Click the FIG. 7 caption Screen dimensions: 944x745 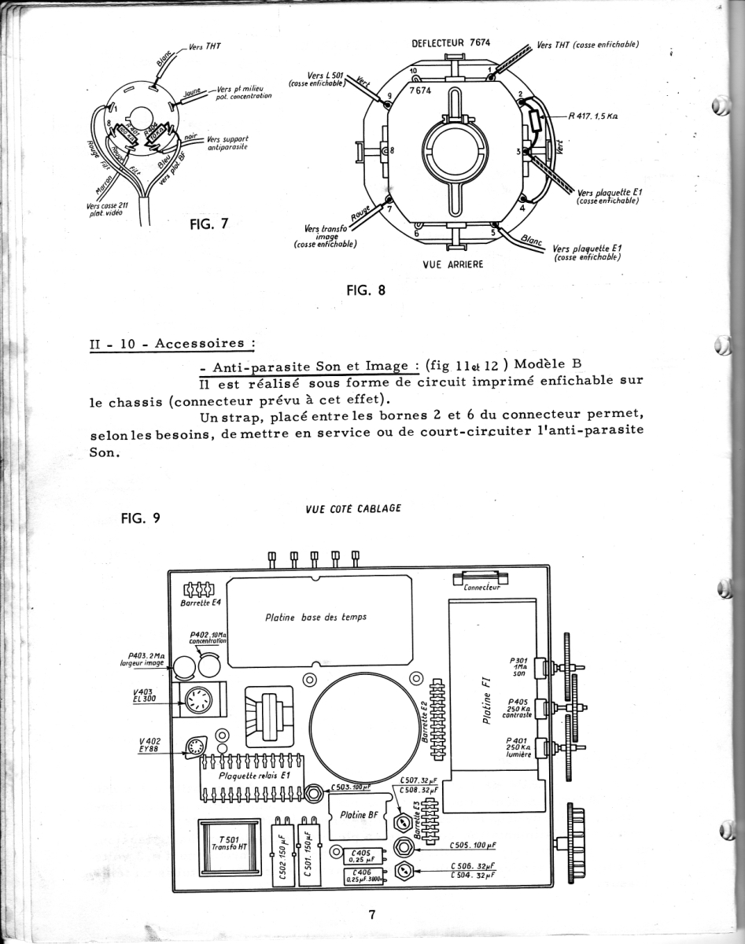click(208, 223)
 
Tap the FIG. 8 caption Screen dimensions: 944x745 click(366, 289)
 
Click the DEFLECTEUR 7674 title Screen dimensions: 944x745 click(451, 43)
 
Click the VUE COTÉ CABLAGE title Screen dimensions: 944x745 click(352, 508)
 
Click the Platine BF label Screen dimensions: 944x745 click(360, 815)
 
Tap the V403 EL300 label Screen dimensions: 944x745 click(146, 695)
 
